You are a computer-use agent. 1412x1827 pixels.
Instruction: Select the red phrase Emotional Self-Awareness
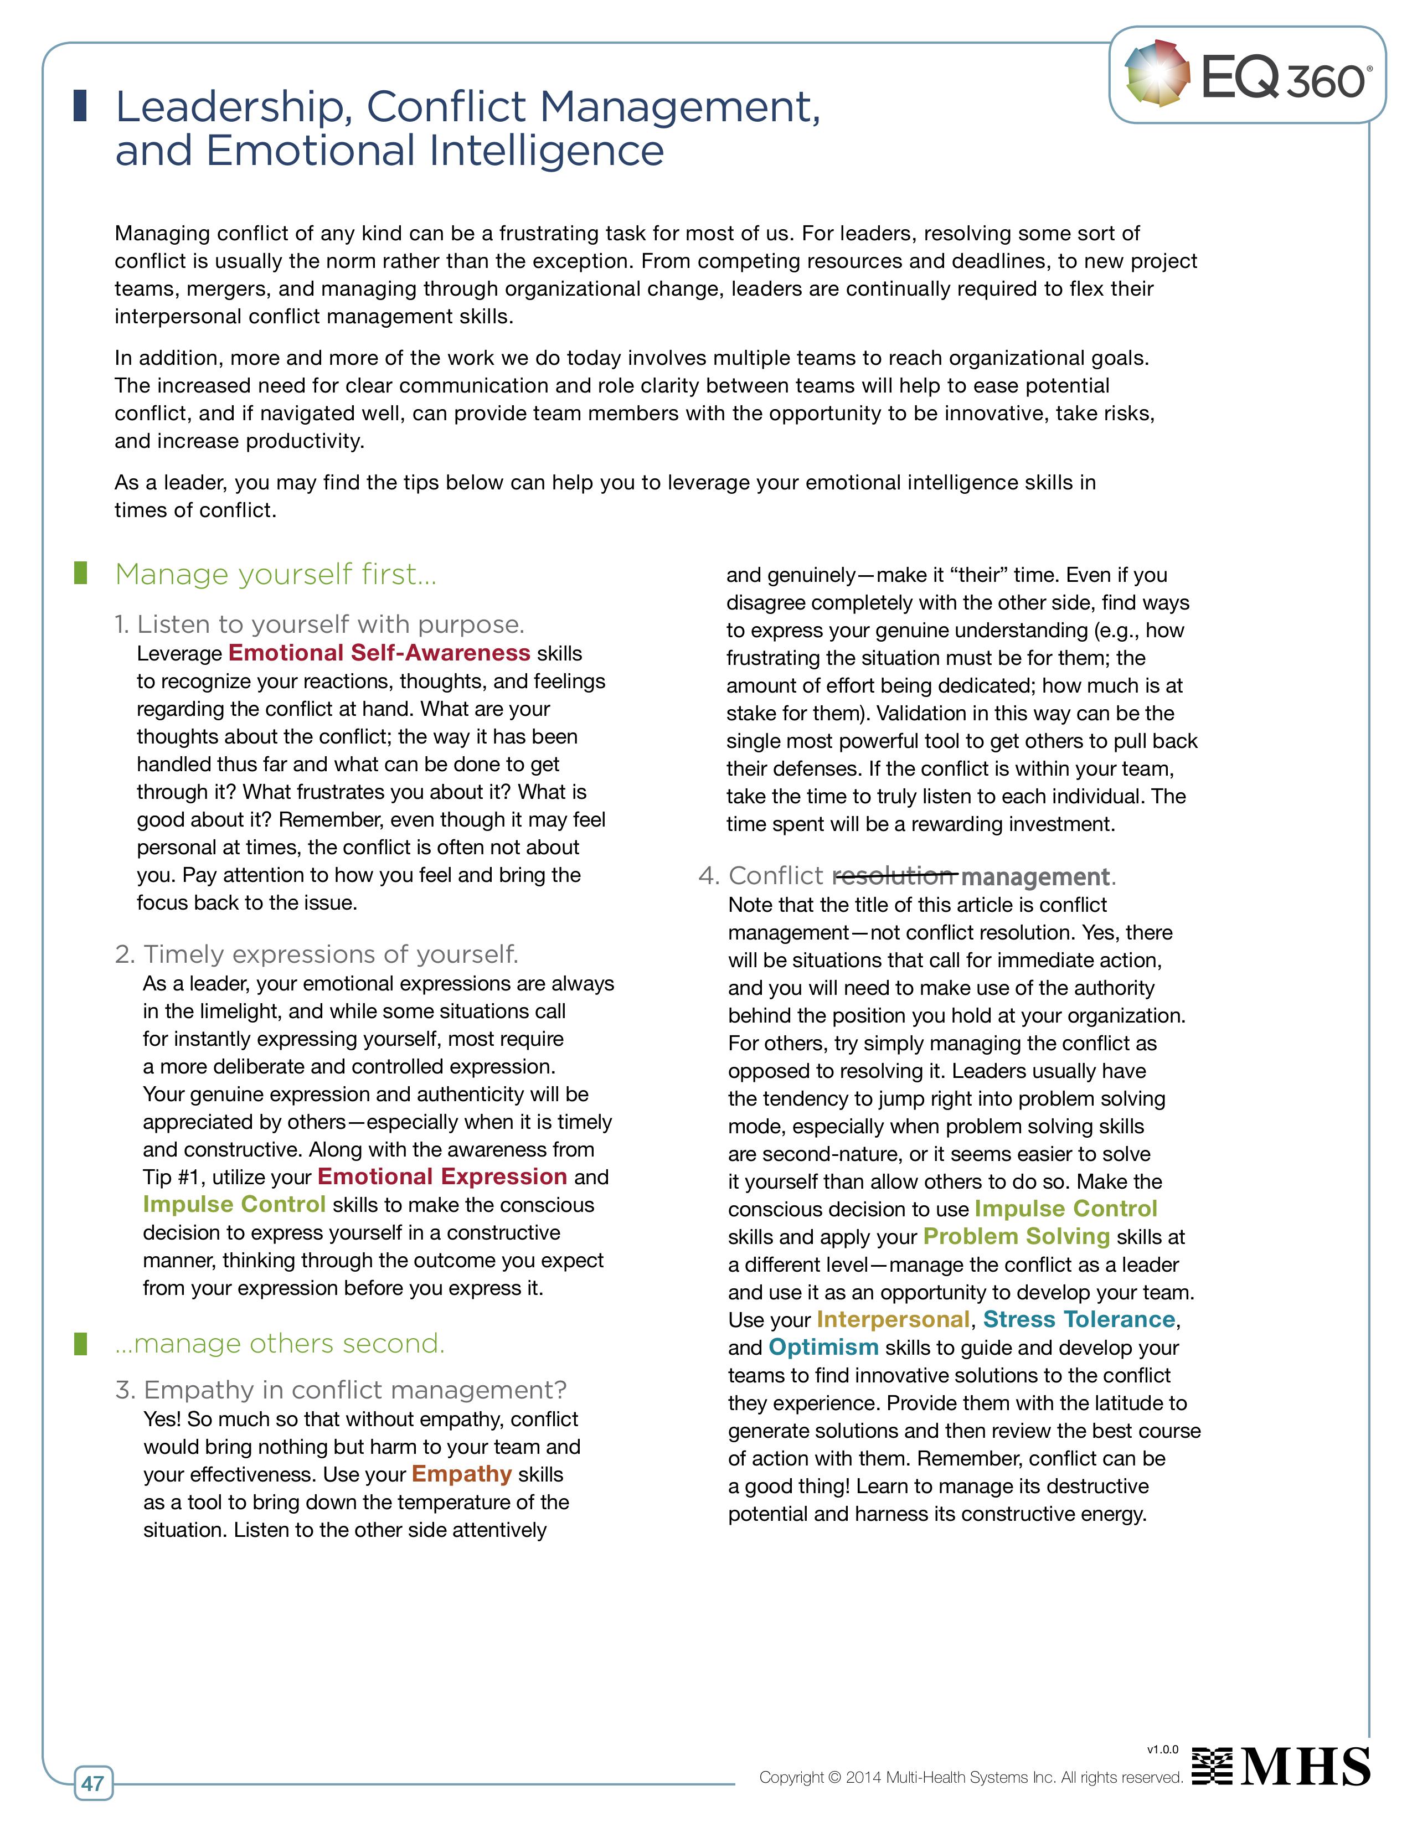coord(379,653)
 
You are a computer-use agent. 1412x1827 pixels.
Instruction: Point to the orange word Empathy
coord(462,1473)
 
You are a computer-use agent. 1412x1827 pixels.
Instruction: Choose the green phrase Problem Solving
coord(1016,1236)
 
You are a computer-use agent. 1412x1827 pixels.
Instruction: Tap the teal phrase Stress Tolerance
coord(1079,1319)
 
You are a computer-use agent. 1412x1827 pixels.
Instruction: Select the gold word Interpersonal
coord(893,1319)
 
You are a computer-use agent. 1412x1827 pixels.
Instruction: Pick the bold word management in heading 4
coord(1035,877)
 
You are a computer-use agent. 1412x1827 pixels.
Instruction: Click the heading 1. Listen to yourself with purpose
coord(319,624)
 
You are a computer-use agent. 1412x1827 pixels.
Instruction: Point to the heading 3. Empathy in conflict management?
coord(341,1390)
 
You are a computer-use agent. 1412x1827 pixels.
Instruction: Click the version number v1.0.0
coord(1162,1749)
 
